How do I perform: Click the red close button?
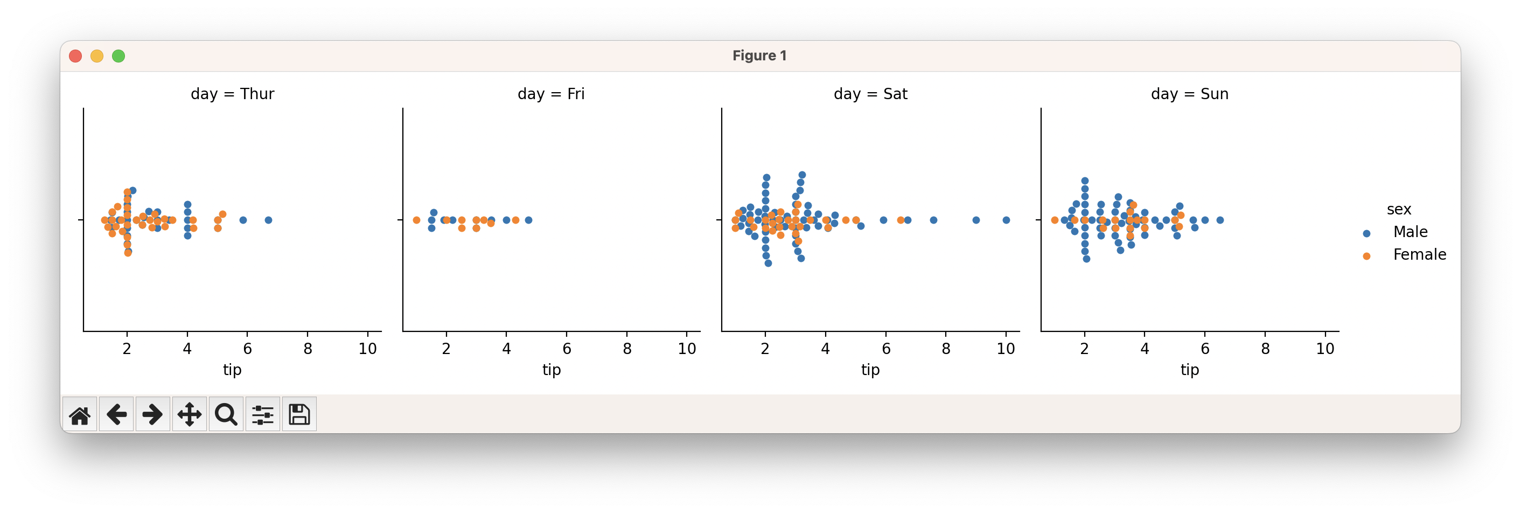coord(75,56)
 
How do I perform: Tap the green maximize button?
coord(118,56)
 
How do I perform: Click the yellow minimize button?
coord(97,56)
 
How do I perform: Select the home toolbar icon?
coord(80,414)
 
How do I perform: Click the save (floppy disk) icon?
coord(299,414)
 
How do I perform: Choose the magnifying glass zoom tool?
coord(226,414)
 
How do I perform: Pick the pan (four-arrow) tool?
coord(190,414)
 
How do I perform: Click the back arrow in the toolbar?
coord(116,414)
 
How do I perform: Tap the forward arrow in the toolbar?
coord(153,414)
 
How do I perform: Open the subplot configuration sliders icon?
coord(263,414)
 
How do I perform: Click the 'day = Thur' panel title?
coord(232,94)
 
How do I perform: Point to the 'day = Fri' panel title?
coord(551,94)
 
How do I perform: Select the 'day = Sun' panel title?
coord(1189,94)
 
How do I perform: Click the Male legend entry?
coord(1410,232)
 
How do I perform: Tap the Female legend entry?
coord(1419,255)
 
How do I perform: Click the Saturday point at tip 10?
coord(1006,220)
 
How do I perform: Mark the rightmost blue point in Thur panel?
coord(269,220)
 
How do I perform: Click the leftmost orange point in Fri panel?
coord(416,220)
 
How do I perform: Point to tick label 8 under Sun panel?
coord(1265,349)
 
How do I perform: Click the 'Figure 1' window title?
coord(759,56)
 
